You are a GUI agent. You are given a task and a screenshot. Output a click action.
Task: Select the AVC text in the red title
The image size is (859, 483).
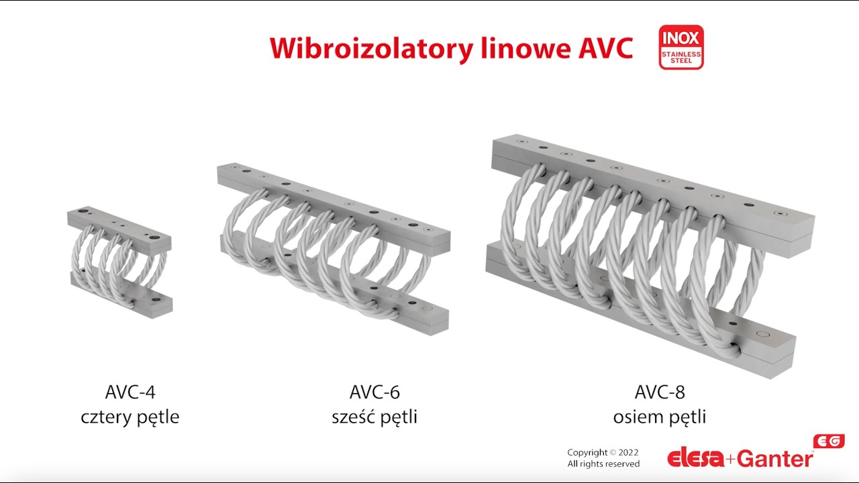pyautogui.click(x=602, y=48)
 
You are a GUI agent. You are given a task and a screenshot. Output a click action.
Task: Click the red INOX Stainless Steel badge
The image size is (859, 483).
pyautogui.click(x=681, y=48)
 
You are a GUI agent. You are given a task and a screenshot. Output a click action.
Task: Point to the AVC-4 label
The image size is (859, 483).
pyautogui.click(x=130, y=392)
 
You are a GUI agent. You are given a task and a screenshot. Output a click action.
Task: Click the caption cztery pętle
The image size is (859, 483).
pyautogui.click(x=130, y=417)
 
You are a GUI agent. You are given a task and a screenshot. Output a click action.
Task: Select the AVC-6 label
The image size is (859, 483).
pyautogui.click(x=374, y=392)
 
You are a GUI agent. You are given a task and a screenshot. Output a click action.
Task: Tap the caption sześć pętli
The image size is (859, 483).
pyautogui.click(x=374, y=417)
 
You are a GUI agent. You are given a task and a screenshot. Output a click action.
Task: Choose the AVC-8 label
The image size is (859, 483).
pyautogui.click(x=660, y=392)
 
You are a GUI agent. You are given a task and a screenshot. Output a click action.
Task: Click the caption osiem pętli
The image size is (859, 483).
pyautogui.click(x=660, y=417)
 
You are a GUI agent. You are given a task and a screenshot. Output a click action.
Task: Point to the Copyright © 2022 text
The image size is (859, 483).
pyautogui.click(x=603, y=452)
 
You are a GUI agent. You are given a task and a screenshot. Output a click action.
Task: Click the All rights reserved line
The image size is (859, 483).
pyautogui.click(x=603, y=464)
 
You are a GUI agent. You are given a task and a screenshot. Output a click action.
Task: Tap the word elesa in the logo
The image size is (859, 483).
pyautogui.click(x=696, y=459)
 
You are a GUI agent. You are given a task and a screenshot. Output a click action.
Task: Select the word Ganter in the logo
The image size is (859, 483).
pyautogui.click(x=776, y=459)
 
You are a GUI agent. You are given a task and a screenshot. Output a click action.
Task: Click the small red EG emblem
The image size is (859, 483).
pyautogui.click(x=829, y=441)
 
